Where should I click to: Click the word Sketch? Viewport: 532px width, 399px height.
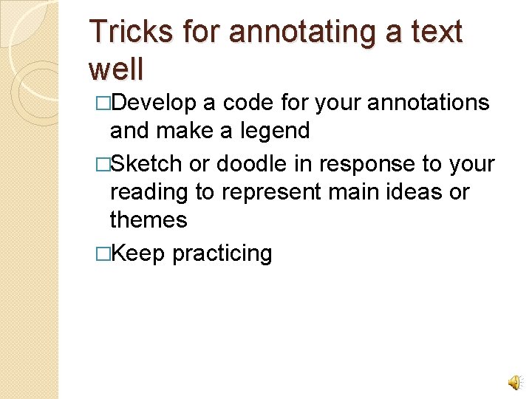[x=147, y=163]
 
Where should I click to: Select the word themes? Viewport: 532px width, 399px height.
[x=148, y=219]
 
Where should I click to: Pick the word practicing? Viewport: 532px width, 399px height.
[x=222, y=254]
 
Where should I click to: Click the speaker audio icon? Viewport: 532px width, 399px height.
[x=513, y=381]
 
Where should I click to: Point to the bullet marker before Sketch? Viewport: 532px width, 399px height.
[x=103, y=163]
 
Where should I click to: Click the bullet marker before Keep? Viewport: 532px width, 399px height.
[x=103, y=253]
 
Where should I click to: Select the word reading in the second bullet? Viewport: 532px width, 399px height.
[x=149, y=192]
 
